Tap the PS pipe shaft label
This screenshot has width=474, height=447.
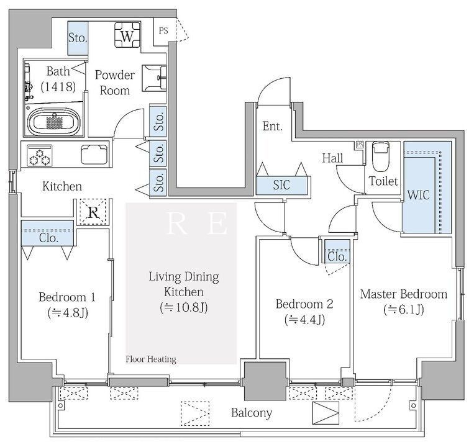pos(163,30)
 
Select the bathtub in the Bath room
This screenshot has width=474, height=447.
pos(55,122)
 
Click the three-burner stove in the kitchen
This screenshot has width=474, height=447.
pos(40,155)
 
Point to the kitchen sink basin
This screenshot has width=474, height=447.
pos(94,155)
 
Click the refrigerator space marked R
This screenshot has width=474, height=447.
pos(93,212)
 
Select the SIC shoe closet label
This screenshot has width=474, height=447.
pos(281,185)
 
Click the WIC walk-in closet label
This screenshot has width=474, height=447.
pos(418,195)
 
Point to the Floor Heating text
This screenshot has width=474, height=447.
pos(151,359)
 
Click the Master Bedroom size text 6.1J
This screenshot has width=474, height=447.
pos(404,310)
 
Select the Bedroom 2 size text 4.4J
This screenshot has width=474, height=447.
pos(304,320)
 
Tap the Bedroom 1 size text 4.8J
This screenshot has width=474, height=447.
pos(68,313)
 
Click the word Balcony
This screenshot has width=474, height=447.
pos(252,413)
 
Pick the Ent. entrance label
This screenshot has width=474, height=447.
pos(272,126)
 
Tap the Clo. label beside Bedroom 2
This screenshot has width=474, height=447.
pos(337,257)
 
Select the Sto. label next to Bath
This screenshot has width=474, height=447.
pos(78,38)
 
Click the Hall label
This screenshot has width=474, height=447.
pos(332,158)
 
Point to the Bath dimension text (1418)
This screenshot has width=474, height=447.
pos(58,87)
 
